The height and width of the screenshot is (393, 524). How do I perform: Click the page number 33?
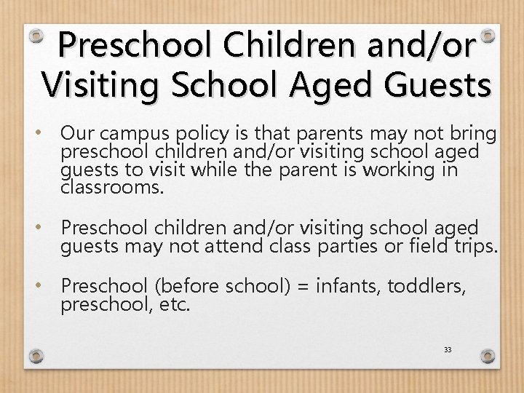click(448, 350)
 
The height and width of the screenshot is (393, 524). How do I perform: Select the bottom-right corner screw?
click(488, 356)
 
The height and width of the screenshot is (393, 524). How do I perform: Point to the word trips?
click(472, 247)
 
